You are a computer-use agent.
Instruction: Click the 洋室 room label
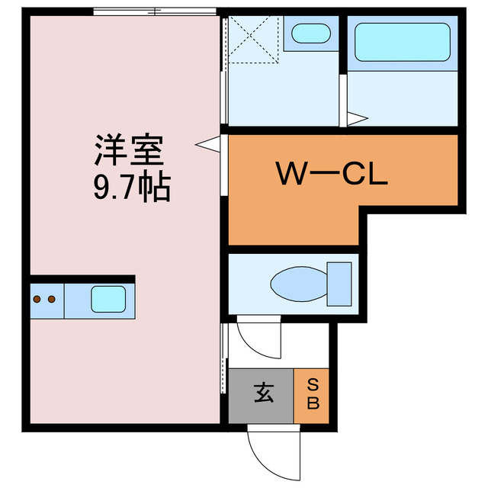point(129,150)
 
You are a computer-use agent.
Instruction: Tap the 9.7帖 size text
point(132,186)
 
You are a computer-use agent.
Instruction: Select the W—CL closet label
point(332,173)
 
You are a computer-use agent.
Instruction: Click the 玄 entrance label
point(264,393)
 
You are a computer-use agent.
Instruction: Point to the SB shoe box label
point(313,394)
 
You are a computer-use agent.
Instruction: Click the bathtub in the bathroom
point(403,42)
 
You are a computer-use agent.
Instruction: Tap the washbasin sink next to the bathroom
point(311,34)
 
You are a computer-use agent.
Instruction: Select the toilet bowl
point(299,284)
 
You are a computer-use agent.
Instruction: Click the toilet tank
point(339,284)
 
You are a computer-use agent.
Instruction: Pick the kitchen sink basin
point(108,299)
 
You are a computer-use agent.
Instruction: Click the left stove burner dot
point(37,300)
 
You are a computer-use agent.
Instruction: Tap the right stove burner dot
point(52,300)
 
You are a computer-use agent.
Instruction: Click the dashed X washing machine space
point(253,40)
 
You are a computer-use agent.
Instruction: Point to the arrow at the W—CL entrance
point(208,144)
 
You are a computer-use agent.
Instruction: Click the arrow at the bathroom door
point(358,119)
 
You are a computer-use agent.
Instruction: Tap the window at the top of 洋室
point(155,12)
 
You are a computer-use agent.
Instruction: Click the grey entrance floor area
point(261,396)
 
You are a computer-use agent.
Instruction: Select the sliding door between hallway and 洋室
point(223,358)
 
